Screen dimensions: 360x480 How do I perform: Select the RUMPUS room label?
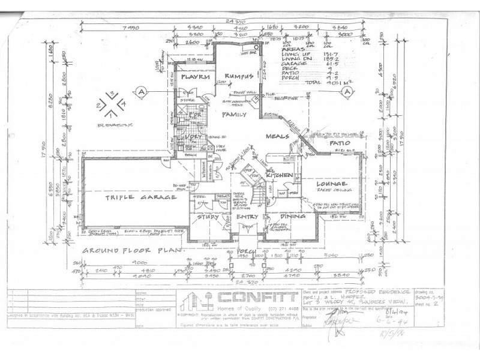(236, 76)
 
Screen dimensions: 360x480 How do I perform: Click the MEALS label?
(278, 136)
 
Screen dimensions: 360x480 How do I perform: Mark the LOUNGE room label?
(328, 183)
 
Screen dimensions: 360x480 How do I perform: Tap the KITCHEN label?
(280, 175)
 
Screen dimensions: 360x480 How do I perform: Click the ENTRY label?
(247, 217)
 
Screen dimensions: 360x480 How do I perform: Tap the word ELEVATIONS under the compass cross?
(113, 125)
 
